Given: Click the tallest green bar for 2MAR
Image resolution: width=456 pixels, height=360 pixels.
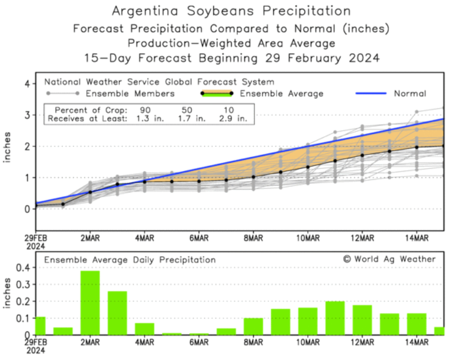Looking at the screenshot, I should click(90, 303).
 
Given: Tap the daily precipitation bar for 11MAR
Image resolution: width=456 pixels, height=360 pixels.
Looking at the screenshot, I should click(335, 318).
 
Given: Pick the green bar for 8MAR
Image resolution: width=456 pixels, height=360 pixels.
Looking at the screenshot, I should click(253, 326).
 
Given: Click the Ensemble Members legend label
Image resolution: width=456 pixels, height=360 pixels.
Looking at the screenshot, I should click(131, 94).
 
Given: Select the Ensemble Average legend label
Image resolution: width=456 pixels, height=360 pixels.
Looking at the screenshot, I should click(281, 94).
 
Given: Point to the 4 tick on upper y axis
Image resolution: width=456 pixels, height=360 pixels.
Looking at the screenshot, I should click(26, 83).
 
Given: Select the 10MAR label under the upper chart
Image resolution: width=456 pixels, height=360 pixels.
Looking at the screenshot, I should click(308, 239).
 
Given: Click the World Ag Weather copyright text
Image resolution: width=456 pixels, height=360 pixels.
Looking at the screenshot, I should click(389, 259).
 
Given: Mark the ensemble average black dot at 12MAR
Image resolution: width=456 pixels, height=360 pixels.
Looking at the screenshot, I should click(362, 156).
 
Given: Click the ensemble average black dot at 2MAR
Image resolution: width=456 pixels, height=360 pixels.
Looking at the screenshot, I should click(90, 192).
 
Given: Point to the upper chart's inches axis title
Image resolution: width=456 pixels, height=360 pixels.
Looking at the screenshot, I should click(8, 147).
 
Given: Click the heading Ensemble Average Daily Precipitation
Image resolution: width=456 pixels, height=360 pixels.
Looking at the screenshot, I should click(130, 259).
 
